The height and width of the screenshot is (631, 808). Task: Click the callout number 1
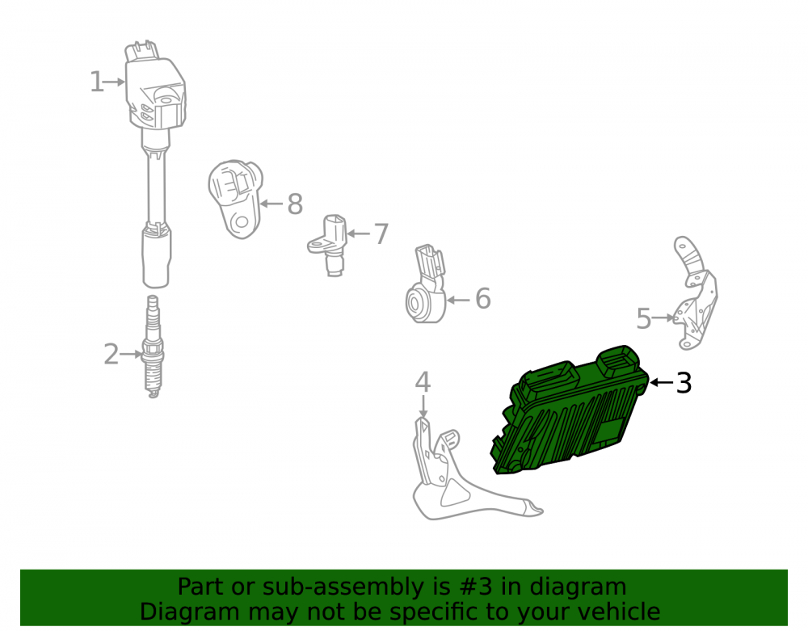pyautogui.click(x=96, y=82)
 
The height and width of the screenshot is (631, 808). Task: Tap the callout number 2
pyautogui.click(x=111, y=355)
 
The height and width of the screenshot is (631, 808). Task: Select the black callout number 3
pyautogui.click(x=684, y=383)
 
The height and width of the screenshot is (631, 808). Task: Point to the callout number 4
pyautogui.click(x=423, y=382)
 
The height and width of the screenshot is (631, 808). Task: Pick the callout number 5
pyautogui.click(x=644, y=318)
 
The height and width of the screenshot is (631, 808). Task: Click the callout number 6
pyautogui.click(x=483, y=299)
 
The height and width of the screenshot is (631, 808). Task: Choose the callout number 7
pyautogui.click(x=381, y=233)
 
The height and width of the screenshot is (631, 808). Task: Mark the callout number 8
pyautogui.click(x=295, y=204)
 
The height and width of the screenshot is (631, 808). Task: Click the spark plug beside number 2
pyautogui.click(x=153, y=346)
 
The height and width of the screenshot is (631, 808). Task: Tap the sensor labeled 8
pyautogui.click(x=235, y=199)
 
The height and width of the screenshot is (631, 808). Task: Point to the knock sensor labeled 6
pyautogui.click(x=426, y=285)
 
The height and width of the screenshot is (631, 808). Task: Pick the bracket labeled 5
pyautogui.click(x=696, y=293)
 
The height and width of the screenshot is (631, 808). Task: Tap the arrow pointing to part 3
pyautogui.click(x=661, y=382)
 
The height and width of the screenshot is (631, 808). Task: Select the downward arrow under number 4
pyautogui.click(x=423, y=406)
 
